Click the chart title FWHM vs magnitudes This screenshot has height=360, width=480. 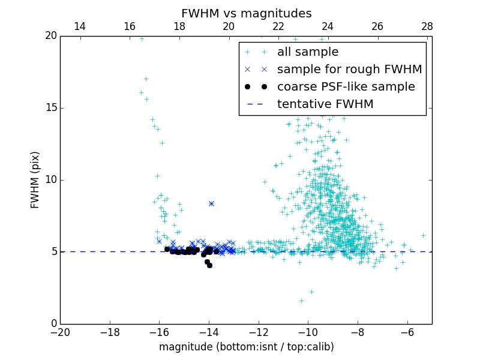coord(246,13)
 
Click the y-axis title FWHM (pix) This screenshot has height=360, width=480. coord(35,180)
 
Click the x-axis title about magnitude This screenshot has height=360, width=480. coord(246,347)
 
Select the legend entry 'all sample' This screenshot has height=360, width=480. coord(307,52)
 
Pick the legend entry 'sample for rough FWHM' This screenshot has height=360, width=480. coord(349,70)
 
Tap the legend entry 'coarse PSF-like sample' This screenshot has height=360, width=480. coord(346,87)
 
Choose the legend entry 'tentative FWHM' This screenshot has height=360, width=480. coord(325,104)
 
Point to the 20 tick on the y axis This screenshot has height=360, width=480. coord(50,36)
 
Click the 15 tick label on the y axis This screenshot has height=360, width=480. coord(50,108)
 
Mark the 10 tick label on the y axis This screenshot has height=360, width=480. coord(50,180)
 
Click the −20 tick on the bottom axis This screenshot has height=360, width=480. coord(61,332)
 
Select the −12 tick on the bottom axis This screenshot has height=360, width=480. coord(259,332)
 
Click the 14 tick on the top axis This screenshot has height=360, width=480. coord(79,26)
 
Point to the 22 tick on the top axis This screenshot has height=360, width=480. coord(278,26)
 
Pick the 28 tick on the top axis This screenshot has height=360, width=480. coord(427,26)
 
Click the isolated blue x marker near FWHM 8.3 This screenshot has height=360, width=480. coord(211,203)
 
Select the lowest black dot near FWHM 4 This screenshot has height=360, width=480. coord(209,265)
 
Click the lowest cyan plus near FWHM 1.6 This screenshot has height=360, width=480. coord(301,301)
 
